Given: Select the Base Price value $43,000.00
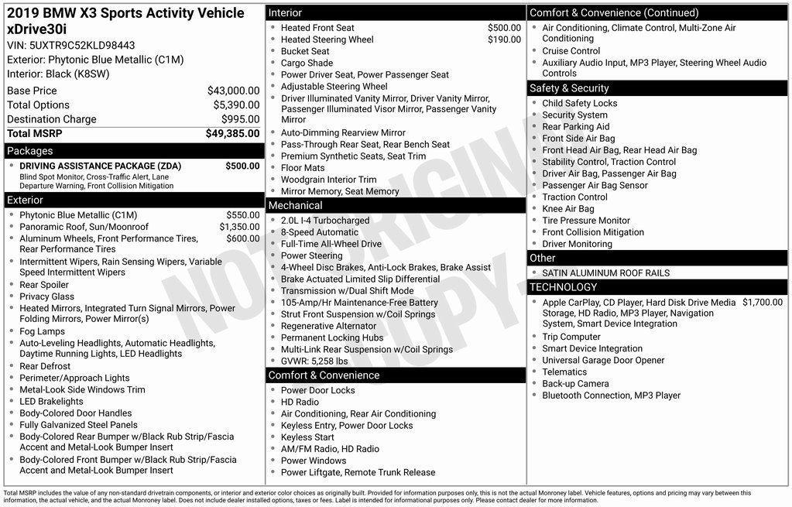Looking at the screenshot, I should (x=233, y=91).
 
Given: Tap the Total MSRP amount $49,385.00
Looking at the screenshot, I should (x=232, y=134).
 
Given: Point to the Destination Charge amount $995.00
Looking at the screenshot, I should (x=240, y=119).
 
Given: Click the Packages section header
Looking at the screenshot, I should (x=30, y=151).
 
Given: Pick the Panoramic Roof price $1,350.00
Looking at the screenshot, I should (x=239, y=227).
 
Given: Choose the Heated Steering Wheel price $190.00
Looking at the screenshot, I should (x=504, y=39).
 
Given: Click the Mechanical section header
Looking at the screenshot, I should (x=295, y=206).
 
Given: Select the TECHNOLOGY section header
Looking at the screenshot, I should (x=564, y=287).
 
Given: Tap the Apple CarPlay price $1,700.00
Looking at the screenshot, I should (x=763, y=302).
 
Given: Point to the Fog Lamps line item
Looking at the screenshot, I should (x=42, y=331).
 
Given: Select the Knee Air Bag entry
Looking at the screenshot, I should (x=568, y=209).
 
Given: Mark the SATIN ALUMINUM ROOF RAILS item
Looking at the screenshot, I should (x=605, y=273).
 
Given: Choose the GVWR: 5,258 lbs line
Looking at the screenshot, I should (x=314, y=361).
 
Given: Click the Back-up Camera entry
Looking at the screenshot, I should (x=575, y=384).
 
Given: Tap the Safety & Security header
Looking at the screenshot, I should (x=569, y=88).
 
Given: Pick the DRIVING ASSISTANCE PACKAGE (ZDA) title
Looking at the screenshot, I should (x=100, y=166).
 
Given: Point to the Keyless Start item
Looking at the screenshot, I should (x=307, y=437).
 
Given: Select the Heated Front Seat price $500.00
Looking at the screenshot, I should (x=504, y=28).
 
